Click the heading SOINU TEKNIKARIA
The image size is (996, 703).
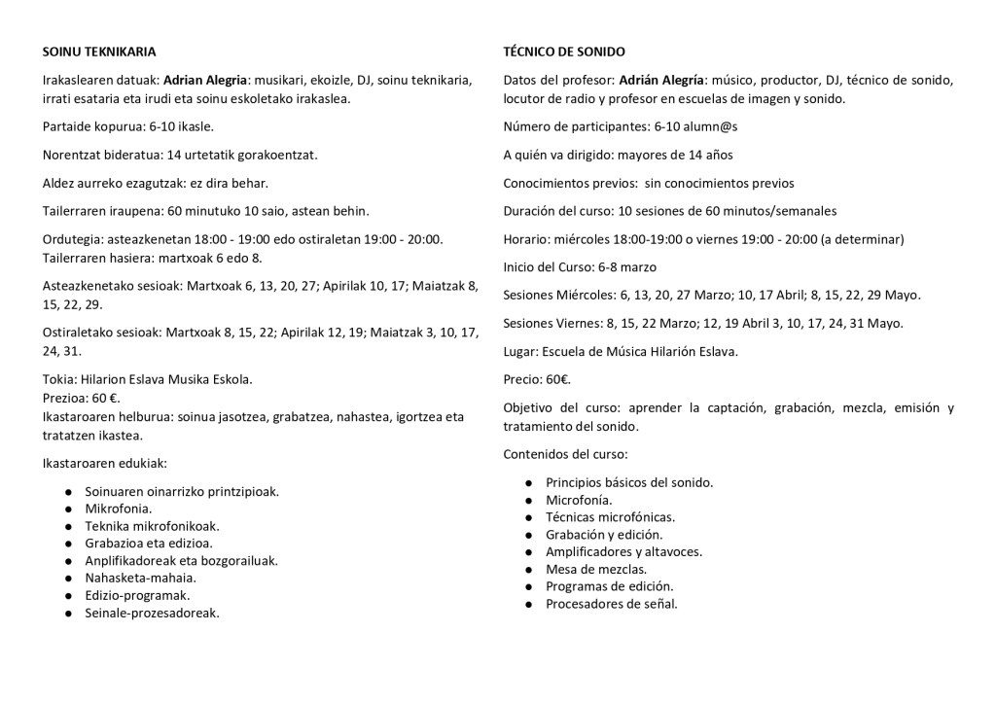[x=99, y=51]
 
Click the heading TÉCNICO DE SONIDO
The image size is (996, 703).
[x=564, y=51]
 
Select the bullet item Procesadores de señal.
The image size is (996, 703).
[x=611, y=604]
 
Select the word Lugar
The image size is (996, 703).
[x=520, y=351]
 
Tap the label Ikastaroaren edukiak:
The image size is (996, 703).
[x=106, y=463]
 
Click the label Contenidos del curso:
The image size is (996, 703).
[x=565, y=454]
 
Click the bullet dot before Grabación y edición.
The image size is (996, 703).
[x=526, y=535]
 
